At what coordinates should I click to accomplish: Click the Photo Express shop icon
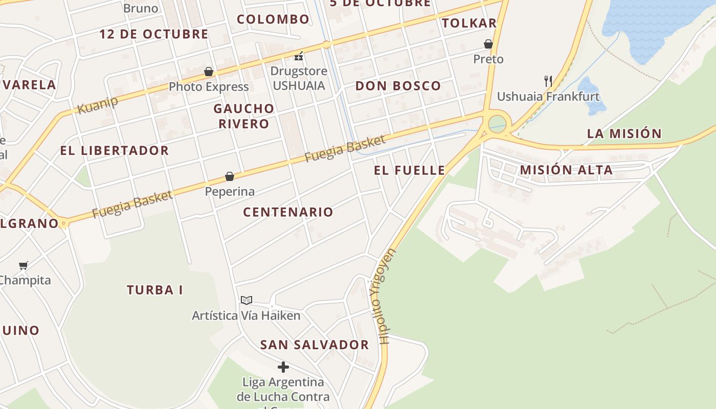coord(209,72)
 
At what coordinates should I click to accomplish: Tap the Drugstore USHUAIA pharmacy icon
coord(299,56)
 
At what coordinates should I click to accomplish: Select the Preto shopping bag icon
coord(488,44)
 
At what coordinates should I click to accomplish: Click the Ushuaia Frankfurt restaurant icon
coord(548,81)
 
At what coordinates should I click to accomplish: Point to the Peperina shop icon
coord(230,176)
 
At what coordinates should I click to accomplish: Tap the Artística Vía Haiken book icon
coord(247,300)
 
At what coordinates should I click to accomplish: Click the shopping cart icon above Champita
coord(23,265)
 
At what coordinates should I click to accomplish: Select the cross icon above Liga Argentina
coord(283,367)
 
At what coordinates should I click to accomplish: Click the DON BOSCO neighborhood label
coord(398,86)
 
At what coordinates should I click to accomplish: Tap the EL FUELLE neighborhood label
coord(409,170)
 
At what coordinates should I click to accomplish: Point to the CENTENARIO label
coord(288,212)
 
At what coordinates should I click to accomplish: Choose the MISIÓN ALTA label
coord(566,170)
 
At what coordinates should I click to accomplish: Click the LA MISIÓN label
coord(624,133)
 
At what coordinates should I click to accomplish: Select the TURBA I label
coord(154,290)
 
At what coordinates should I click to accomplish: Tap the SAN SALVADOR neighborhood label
coord(315,345)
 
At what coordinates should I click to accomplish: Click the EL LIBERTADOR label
coord(114,150)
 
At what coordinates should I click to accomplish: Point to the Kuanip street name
coord(97,104)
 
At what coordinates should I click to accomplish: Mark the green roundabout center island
coord(497,124)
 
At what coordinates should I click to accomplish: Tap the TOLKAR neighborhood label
coord(469,23)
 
